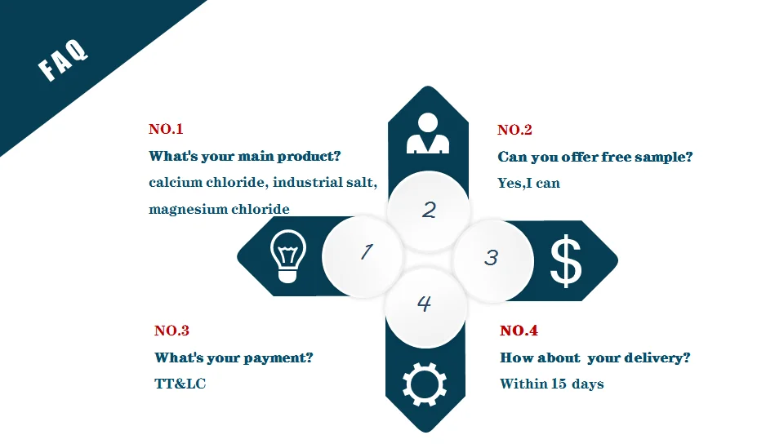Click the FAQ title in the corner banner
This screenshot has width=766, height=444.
click(63, 60)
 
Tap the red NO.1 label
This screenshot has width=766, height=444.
click(166, 129)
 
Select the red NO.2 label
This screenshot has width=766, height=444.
click(515, 130)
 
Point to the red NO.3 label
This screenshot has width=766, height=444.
click(172, 331)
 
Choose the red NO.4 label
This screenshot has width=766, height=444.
click(519, 331)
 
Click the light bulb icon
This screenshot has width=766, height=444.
click(288, 256)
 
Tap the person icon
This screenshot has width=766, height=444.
click(428, 133)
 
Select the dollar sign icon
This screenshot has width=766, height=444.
click(566, 261)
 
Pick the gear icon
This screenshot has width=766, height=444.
click(425, 384)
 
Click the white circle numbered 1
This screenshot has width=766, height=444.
click(363, 257)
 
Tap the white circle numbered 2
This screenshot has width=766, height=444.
click(429, 211)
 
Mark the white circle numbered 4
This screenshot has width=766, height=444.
click(425, 307)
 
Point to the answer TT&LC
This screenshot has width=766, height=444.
click(180, 384)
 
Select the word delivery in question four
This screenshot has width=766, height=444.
click(657, 358)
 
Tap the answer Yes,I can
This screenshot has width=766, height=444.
click(528, 183)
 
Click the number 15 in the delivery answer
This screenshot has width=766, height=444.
click(559, 384)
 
